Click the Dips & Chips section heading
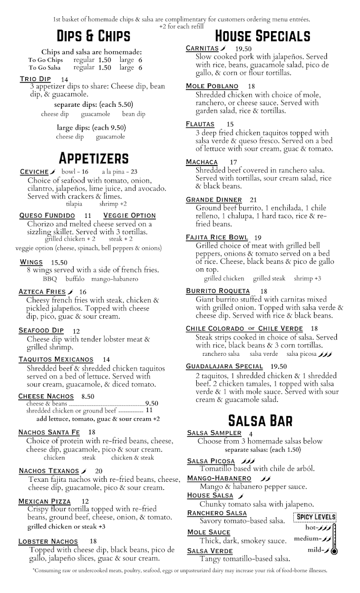click(93, 36)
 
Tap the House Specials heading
click(263, 36)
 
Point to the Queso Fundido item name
click(47, 215)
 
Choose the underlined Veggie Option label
click(130, 215)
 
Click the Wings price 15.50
click(59, 262)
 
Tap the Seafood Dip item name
click(41, 331)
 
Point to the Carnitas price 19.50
click(244, 48)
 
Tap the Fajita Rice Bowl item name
click(217, 237)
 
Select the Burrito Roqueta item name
click(218, 291)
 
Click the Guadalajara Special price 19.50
click(278, 366)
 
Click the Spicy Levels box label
click(315, 517)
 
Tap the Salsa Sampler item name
click(213, 433)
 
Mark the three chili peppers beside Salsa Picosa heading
click(248, 461)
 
